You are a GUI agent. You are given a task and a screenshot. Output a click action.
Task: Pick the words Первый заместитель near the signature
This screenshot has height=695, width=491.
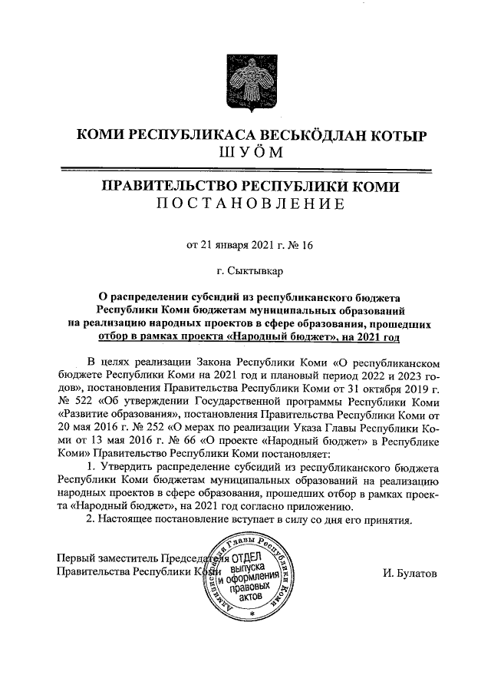click(x=105, y=558)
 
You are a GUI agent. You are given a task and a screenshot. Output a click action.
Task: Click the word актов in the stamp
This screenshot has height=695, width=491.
click(x=251, y=596)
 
